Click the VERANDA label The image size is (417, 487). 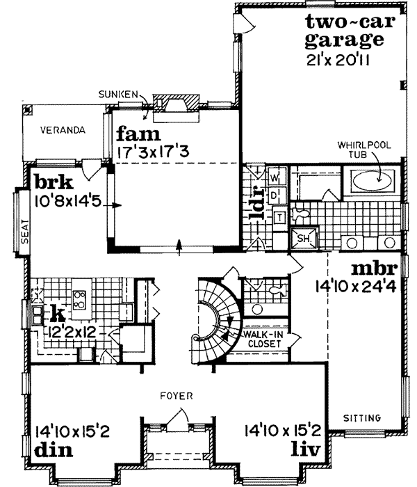[x=62, y=130]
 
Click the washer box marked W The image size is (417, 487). [x=274, y=174]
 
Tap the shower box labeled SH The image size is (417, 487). [x=302, y=237]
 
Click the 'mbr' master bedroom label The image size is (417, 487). [x=374, y=268]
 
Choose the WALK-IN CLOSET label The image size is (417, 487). [x=262, y=339]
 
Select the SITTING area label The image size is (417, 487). [x=363, y=418]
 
